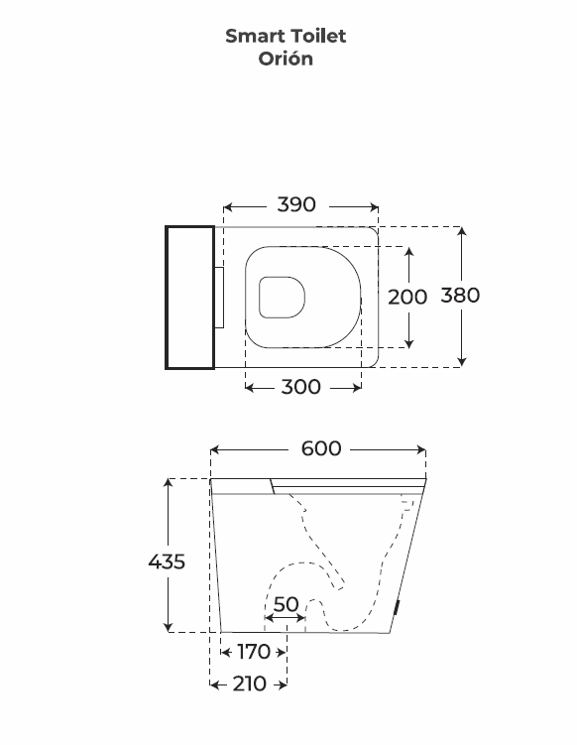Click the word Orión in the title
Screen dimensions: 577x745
[286, 59]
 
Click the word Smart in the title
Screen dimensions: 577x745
[255, 36]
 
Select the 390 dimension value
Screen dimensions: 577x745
[296, 204]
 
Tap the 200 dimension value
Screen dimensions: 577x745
[407, 297]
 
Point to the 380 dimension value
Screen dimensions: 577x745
[460, 295]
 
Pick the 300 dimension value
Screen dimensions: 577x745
[301, 387]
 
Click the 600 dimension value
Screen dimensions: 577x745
[321, 448]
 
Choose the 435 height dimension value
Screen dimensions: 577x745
[167, 561]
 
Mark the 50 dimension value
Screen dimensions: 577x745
[287, 604]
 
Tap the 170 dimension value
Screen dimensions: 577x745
[254, 652]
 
